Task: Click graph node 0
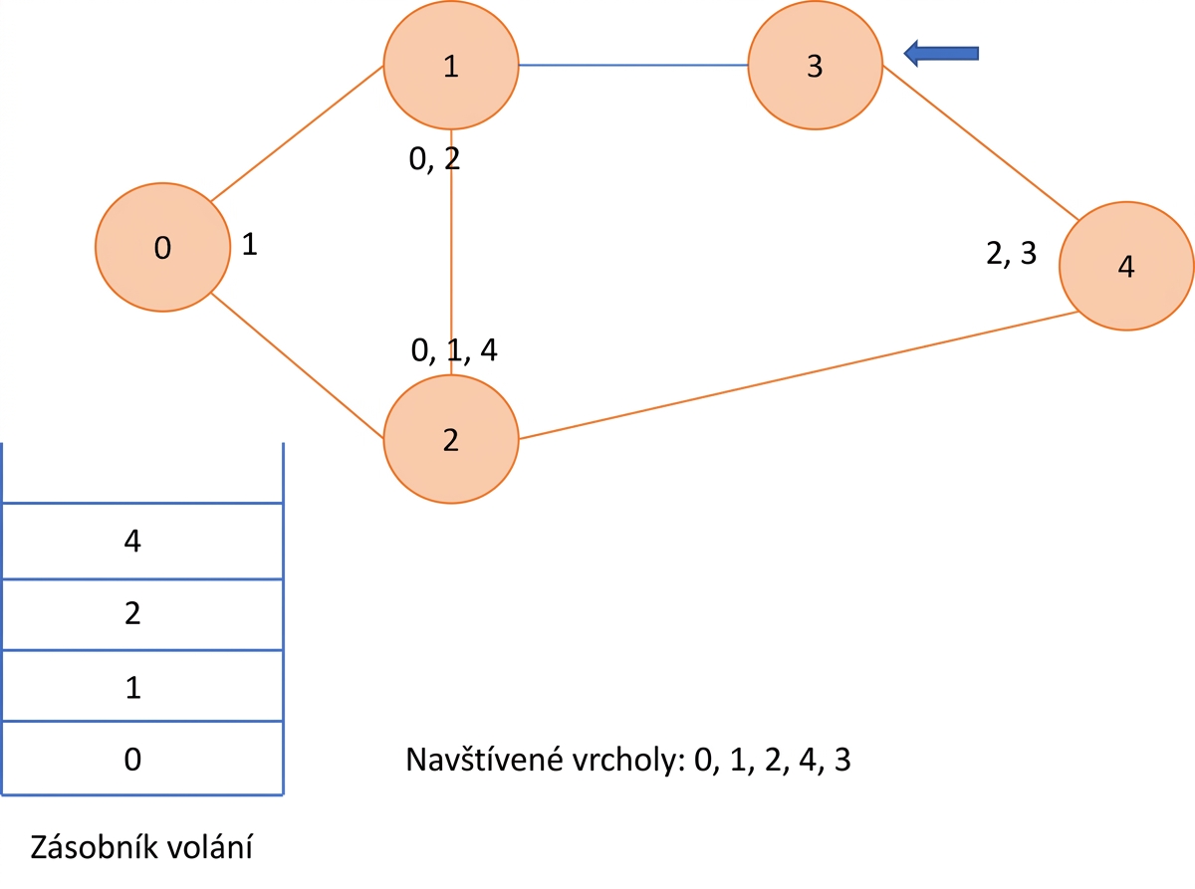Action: tap(162, 247)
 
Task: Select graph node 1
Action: tap(451, 65)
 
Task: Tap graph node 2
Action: tap(451, 439)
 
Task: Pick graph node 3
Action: tap(816, 65)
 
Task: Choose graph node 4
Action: tap(1126, 266)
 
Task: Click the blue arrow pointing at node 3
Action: tap(941, 53)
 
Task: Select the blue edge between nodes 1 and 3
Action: tap(633, 65)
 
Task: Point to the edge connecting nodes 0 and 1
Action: tap(297, 133)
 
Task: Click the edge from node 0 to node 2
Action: tap(297, 365)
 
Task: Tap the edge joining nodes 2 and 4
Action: tap(799, 375)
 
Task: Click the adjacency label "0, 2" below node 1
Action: tap(434, 158)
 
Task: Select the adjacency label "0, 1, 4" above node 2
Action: tap(454, 349)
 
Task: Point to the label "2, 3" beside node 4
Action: tap(1011, 253)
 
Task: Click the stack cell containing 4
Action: tap(142, 541)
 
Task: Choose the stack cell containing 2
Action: tap(142, 615)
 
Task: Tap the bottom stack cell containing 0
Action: tap(142, 758)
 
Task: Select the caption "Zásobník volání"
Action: tap(141, 846)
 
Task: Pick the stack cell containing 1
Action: tap(142, 686)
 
